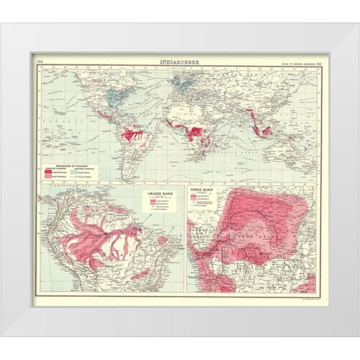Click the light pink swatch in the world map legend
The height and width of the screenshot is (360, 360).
point(48,175)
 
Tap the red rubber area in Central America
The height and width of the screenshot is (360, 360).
point(106,120)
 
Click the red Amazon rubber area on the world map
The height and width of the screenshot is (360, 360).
point(135,135)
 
